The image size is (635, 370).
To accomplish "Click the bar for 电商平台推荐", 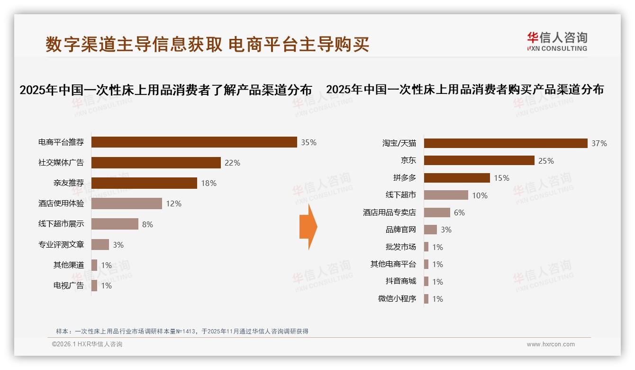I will (194, 142).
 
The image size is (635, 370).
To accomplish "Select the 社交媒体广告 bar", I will (156, 163).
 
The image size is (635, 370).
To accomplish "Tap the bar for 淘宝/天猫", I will (506, 143).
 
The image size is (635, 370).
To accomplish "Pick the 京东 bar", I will (479, 161).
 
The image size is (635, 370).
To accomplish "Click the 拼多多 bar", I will (457, 178).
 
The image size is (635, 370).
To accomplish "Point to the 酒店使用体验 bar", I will (127, 203).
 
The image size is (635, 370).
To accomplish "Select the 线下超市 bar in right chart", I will (446, 195).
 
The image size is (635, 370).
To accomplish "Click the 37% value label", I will (599, 143).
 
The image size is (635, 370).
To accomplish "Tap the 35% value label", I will (308, 142).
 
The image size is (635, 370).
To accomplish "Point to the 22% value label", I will (232, 163).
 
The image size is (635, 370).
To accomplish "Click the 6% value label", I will (459, 213).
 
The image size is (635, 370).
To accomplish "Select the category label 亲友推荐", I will (69, 183).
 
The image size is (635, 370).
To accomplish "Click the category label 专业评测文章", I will (61, 245).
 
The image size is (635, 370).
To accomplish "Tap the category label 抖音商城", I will (401, 281).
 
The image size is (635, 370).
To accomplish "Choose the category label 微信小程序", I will (397, 299).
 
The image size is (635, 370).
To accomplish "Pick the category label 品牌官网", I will (401, 230).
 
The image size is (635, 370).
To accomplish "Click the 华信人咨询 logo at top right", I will (557, 42).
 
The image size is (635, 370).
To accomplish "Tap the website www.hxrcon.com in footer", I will (551, 344).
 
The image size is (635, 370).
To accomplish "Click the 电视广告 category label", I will (69, 286).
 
